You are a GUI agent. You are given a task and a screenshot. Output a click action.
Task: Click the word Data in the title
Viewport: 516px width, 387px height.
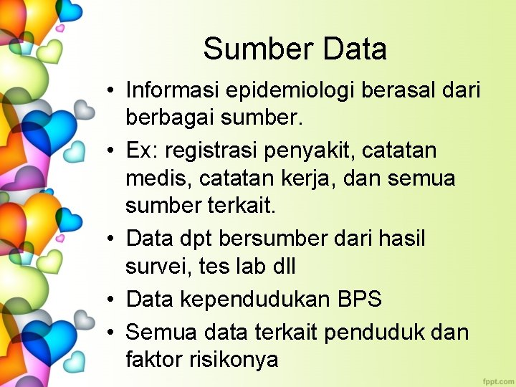(x=355, y=49)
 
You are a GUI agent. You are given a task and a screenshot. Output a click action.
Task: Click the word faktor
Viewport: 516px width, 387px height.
(x=155, y=358)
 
